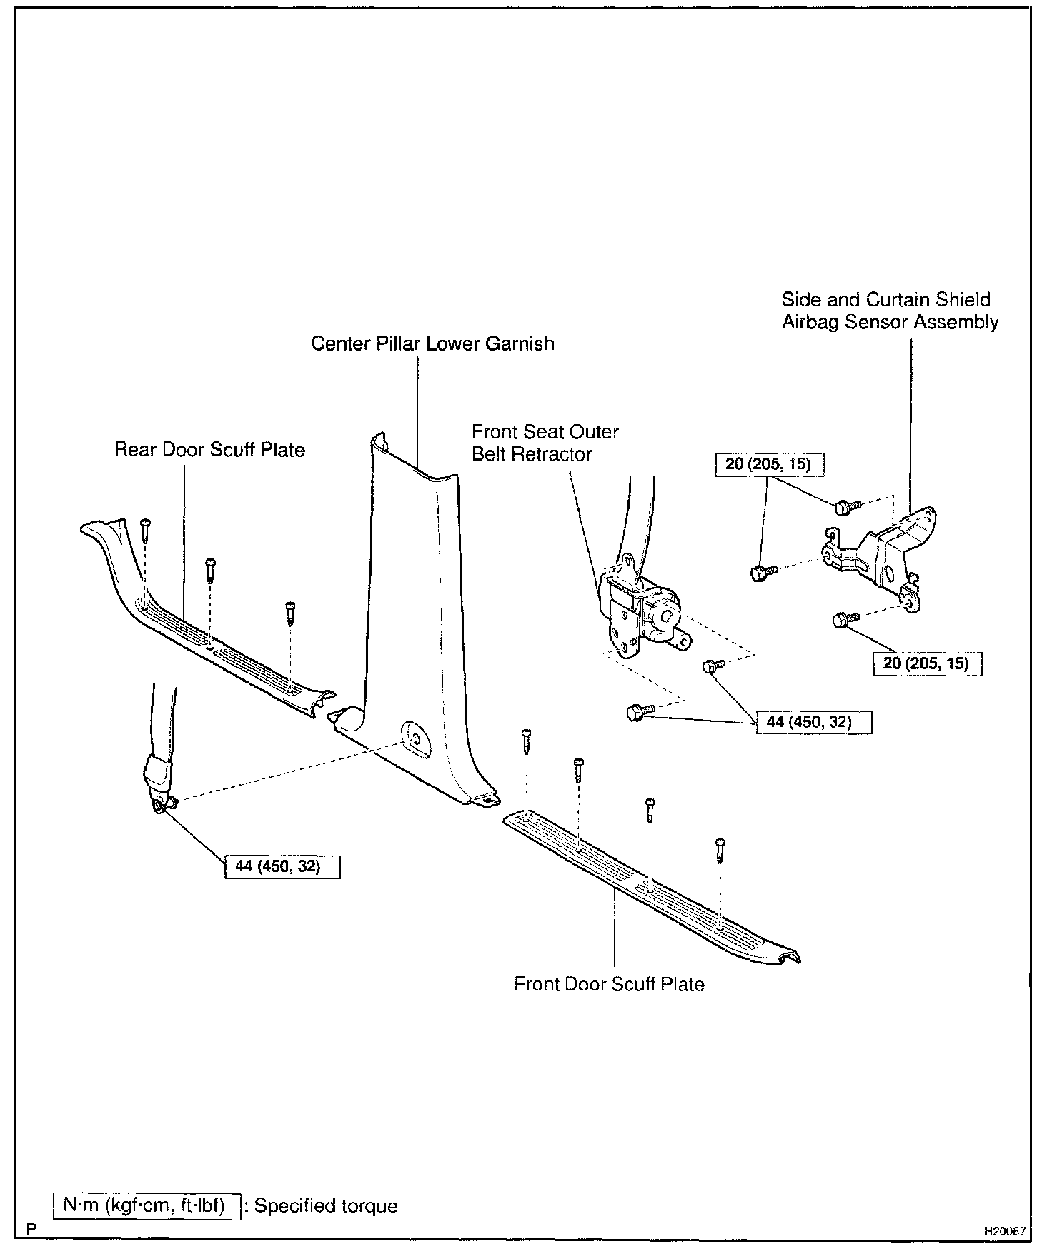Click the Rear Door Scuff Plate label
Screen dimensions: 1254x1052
click(x=209, y=450)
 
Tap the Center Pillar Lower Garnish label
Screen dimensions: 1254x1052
click(x=432, y=343)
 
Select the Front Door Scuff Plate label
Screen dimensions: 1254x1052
click(x=609, y=984)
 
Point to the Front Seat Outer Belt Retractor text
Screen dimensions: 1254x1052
click(x=545, y=443)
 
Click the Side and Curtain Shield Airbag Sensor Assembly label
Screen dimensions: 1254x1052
click(x=889, y=311)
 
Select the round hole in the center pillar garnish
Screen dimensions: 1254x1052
click(x=415, y=738)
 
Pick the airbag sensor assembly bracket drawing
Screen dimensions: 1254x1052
click(x=883, y=557)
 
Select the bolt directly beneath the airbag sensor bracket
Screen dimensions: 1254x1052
click(x=841, y=620)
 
